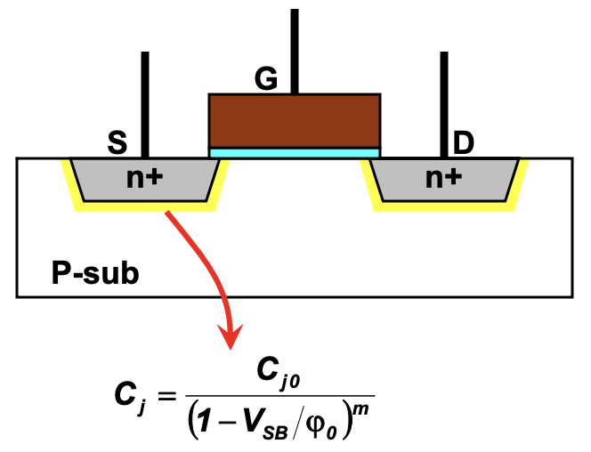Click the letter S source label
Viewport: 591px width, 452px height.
[116, 142]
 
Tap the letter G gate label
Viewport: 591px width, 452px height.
[266, 79]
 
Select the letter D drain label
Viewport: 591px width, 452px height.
[464, 142]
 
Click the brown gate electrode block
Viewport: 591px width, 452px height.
[295, 120]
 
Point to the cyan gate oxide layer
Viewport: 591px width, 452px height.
[295, 153]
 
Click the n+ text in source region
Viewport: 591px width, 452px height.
[144, 178]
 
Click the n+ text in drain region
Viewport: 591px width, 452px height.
[443, 178]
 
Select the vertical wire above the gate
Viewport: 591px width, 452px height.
[295, 49]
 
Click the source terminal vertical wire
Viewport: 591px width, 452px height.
[144, 102]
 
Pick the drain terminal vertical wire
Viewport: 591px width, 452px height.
[443, 102]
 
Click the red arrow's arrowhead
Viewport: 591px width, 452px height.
[231, 338]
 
